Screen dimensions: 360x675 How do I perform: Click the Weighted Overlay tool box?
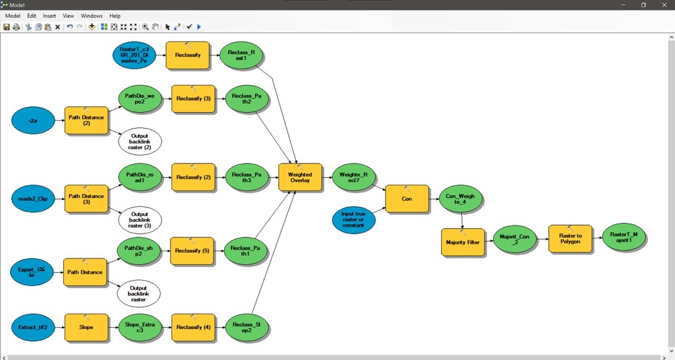(300, 178)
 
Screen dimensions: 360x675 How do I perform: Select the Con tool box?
(407, 198)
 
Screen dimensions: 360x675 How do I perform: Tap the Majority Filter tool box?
(462, 242)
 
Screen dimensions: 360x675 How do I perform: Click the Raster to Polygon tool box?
(570, 238)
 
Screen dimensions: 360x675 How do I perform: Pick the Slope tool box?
(86, 326)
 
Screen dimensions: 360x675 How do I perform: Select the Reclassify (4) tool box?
(192, 326)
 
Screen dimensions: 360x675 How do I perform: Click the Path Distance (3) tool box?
(86, 198)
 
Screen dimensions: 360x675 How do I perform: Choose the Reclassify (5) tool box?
(192, 251)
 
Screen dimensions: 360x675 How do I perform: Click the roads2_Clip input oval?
(34, 198)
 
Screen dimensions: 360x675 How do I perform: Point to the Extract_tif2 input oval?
(34, 326)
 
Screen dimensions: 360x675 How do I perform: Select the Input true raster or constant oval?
(354, 220)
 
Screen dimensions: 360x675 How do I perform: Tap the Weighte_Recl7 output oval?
(354, 177)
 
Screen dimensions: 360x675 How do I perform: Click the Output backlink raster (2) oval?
(140, 141)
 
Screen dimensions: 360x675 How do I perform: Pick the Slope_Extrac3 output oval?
(139, 326)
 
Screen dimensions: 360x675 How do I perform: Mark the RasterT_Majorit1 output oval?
(626, 237)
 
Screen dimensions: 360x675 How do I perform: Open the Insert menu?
(49, 15)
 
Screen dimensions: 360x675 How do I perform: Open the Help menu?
(115, 15)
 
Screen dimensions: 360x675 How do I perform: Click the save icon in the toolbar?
(7, 27)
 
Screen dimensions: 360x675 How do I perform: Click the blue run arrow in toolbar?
(199, 27)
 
